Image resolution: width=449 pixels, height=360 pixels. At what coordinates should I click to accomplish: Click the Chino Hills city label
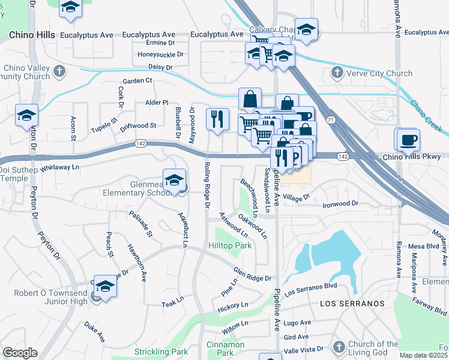[33, 35]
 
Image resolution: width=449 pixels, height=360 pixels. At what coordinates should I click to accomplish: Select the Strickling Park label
[161, 352]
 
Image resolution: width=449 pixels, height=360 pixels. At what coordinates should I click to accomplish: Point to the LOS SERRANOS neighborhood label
[352, 304]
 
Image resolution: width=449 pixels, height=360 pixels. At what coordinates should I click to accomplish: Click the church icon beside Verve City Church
[337, 74]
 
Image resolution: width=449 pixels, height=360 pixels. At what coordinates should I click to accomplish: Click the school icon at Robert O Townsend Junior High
[105, 287]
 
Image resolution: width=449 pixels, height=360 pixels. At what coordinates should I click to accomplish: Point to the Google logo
[20, 353]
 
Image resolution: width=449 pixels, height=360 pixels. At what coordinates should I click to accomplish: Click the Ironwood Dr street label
[340, 204]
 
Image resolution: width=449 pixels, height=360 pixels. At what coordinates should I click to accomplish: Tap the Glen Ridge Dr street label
[253, 274]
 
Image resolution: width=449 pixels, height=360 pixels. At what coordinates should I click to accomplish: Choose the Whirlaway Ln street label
[60, 167]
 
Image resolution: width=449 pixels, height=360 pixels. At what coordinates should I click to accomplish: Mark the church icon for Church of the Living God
[338, 348]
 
